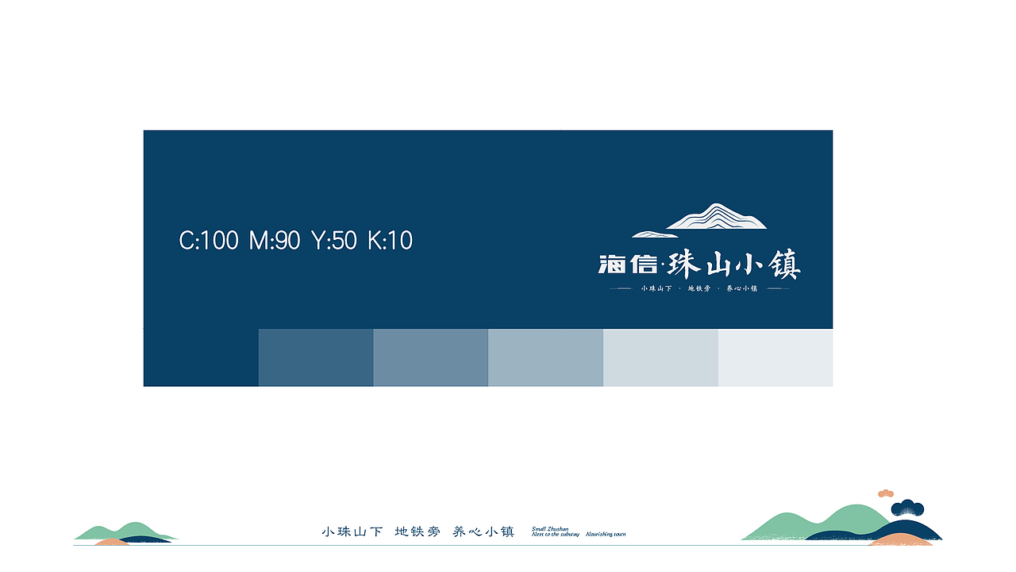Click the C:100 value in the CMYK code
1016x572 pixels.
coord(209,240)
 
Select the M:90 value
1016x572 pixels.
coord(275,240)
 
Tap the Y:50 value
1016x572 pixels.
coord(334,240)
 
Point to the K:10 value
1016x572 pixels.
coord(390,240)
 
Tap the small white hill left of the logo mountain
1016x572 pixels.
coord(654,234)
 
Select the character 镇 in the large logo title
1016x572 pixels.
coord(784,265)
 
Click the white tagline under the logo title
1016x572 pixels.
coord(699,288)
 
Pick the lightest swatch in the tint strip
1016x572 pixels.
coord(775,357)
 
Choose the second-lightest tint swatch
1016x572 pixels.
coord(660,357)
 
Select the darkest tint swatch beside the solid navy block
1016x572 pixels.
coord(315,357)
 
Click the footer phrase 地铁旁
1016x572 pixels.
coord(417,531)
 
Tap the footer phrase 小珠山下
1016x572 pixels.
coord(352,531)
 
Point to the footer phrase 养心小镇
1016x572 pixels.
coord(483,531)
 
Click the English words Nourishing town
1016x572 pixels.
coord(606,535)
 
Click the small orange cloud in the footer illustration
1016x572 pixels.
coord(886,493)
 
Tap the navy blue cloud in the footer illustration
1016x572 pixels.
coord(907,508)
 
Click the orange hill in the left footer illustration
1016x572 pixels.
coord(112,542)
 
